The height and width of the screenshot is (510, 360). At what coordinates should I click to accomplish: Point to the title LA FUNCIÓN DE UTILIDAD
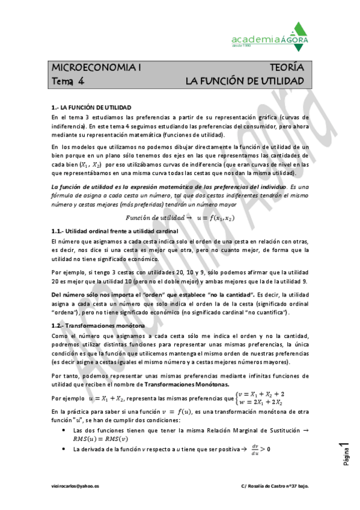[x=244, y=81]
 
